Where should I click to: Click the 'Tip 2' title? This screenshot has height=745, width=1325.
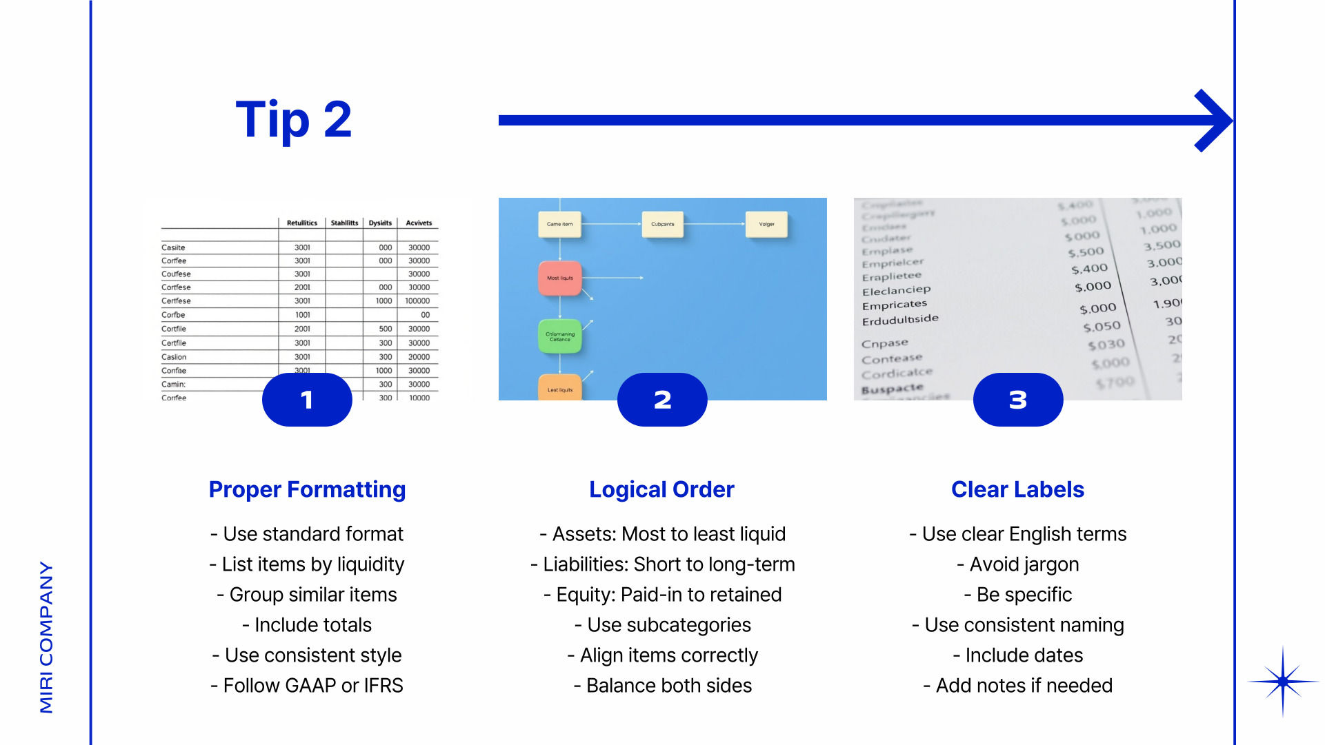click(294, 120)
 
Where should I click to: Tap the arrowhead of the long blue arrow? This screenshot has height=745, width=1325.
click(1214, 121)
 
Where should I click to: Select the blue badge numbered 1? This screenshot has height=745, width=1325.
click(307, 400)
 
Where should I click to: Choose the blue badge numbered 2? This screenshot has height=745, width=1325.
click(662, 400)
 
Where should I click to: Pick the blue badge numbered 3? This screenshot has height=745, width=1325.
click(1018, 400)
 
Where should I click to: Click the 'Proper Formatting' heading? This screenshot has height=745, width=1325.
click(307, 489)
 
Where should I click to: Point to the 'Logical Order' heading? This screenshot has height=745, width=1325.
click(661, 489)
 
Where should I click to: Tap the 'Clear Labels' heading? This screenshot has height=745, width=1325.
click(1017, 489)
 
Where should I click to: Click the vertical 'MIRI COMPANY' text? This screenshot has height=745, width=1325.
click(46, 637)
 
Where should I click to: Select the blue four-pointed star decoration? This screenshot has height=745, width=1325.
click(1282, 682)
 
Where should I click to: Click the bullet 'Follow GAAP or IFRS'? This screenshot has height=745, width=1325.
click(307, 686)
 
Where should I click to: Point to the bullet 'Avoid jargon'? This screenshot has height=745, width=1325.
click(1018, 564)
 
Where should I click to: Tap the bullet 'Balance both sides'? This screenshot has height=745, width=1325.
click(662, 686)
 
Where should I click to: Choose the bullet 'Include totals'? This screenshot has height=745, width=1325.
click(307, 625)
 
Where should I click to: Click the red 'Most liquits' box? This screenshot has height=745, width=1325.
click(560, 278)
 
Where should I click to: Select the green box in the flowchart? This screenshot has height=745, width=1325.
click(560, 336)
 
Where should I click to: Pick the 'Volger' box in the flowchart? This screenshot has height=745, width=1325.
click(766, 224)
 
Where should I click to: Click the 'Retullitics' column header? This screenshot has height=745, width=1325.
click(302, 223)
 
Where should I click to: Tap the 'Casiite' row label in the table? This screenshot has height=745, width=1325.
click(173, 247)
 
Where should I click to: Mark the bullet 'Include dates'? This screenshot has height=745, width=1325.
click(1018, 655)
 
